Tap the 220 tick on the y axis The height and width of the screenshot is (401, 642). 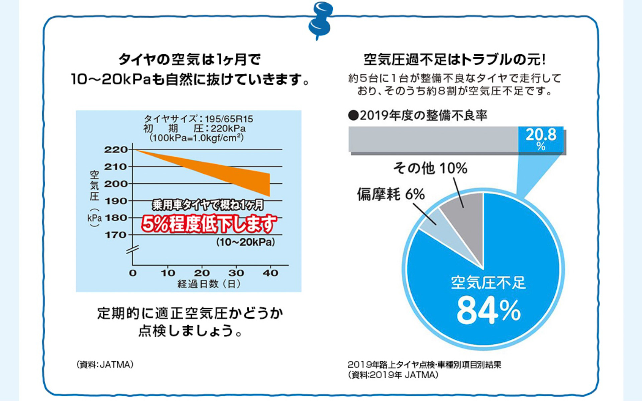pyautogui.click(x=116, y=149)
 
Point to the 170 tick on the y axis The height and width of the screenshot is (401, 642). pyautogui.click(x=116, y=235)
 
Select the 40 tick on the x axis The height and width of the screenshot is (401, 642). pyautogui.click(x=270, y=273)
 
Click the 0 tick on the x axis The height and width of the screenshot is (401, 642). pyautogui.click(x=133, y=273)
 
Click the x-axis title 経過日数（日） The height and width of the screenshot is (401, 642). pyautogui.click(x=209, y=284)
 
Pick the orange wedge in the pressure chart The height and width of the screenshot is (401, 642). pyautogui.click(x=234, y=174)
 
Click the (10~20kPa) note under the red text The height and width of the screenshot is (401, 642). pyautogui.click(x=246, y=242)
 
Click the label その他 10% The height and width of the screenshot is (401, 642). pyautogui.click(x=430, y=168)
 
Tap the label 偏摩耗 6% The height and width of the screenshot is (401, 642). pyautogui.click(x=391, y=194)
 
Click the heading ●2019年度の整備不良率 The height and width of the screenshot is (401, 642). pyautogui.click(x=418, y=115)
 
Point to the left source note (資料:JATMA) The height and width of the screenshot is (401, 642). pyautogui.click(x=105, y=365)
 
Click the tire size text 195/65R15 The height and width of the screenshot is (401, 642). pyautogui.click(x=229, y=119)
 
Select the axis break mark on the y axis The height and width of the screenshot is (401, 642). pyautogui.click(x=132, y=249)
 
